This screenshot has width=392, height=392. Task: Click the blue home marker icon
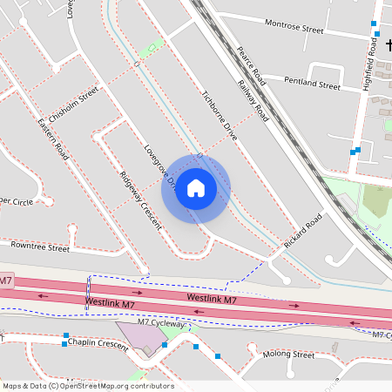[196, 188]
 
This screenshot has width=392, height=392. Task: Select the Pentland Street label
[312, 85]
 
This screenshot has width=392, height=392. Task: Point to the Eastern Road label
[52, 138]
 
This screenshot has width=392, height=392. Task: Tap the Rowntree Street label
[40, 247]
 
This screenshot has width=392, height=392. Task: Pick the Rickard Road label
[303, 231]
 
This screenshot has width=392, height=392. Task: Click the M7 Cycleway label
[162, 323]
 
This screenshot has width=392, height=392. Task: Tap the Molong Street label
[288, 355]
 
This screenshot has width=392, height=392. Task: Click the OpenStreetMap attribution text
[88, 386]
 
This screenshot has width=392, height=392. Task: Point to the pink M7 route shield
[6, 280]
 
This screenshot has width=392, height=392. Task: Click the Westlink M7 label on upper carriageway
[212, 300]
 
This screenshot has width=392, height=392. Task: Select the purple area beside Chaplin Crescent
[139, 336]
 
